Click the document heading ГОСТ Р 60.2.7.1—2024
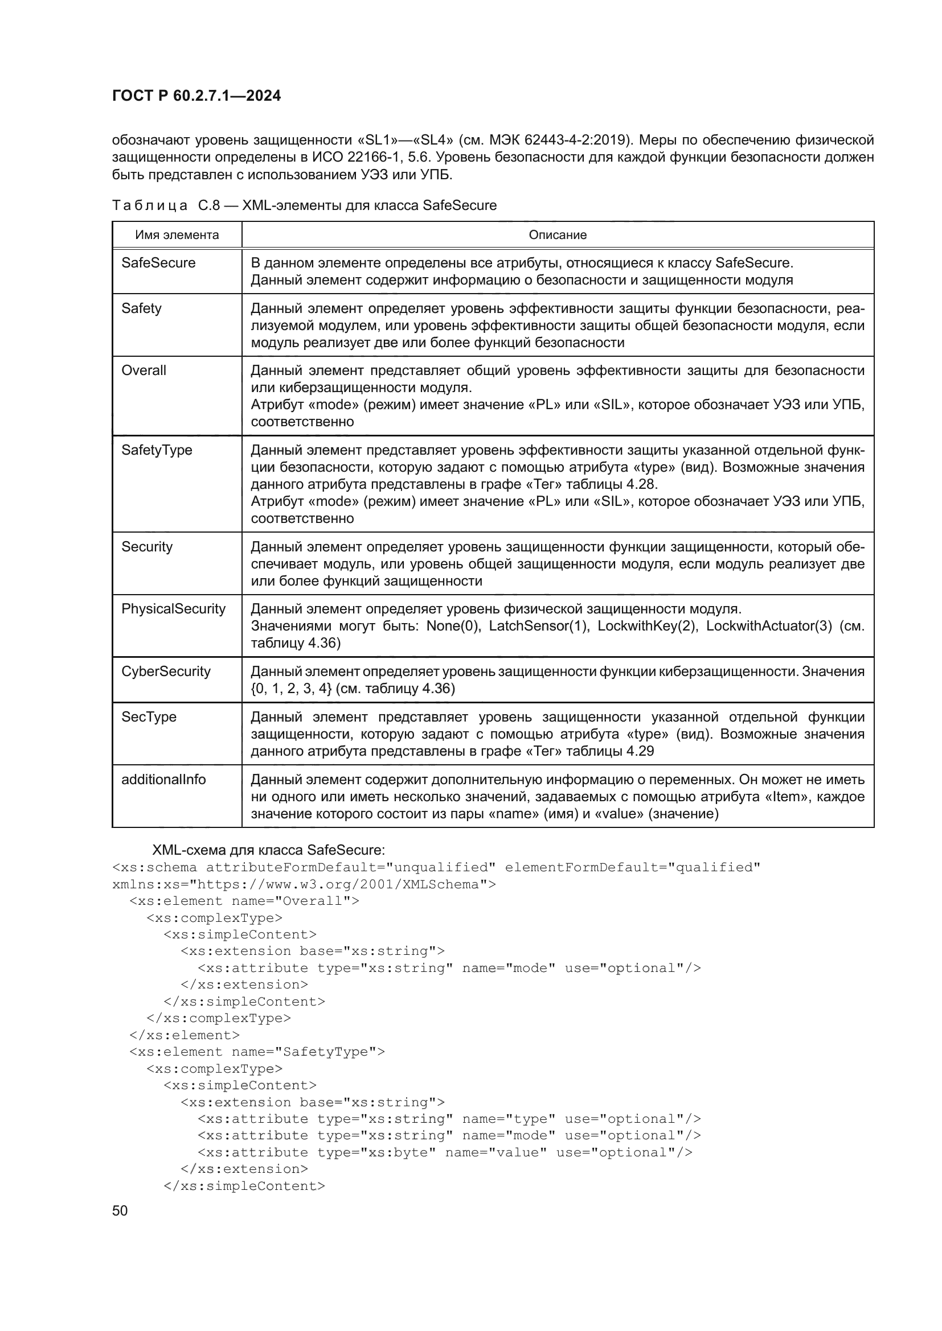(196, 96)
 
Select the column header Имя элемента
(177, 235)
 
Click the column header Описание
(558, 235)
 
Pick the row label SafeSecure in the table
(158, 263)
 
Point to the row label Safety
(142, 308)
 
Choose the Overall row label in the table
(144, 370)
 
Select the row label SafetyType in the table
(157, 451)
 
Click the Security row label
(147, 547)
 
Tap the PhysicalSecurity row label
(174, 609)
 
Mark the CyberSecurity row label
(166, 672)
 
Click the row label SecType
(149, 717)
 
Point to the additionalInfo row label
(163, 780)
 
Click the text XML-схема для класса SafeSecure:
(268, 850)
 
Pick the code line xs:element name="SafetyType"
(257, 1052)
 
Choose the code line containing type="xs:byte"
(444, 1153)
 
